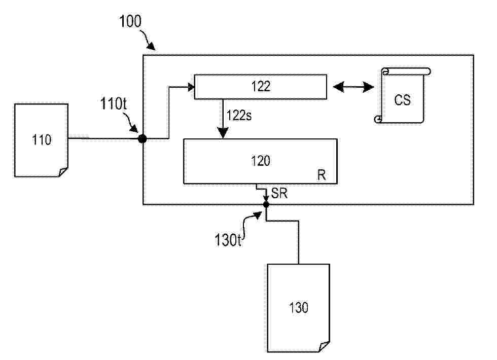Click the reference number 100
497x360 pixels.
[130, 21]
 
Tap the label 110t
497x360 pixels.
[114, 103]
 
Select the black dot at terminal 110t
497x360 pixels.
[143, 138]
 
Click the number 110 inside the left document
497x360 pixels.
[42, 139]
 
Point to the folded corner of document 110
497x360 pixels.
[63, 172]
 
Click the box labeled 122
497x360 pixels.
[261, 87]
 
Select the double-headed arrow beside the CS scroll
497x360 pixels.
[353, 87]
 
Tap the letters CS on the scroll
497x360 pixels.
[403, 100]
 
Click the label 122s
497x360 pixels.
[239, 116]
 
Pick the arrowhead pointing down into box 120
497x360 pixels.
[223, 132]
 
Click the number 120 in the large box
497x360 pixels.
[261, 161]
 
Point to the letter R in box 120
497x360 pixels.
[322, 175]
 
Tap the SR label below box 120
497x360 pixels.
[279, 193]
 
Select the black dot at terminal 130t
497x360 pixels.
[266, 205]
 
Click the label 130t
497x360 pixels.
[228, 240]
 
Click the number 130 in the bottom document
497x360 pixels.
[299, 307]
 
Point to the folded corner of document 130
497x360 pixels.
[325, 347]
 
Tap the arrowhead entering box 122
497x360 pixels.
[192, 87]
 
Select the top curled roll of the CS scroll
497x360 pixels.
[406, 71]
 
